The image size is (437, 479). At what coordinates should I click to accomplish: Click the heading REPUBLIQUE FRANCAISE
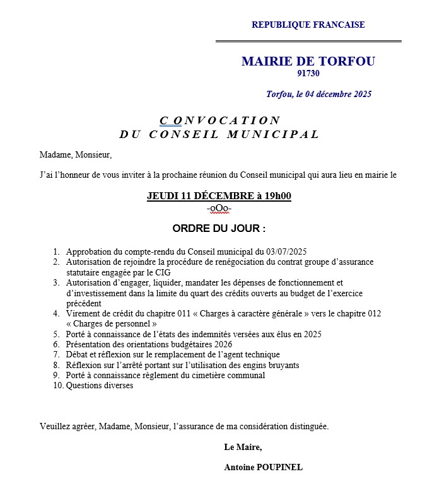pos(308,25)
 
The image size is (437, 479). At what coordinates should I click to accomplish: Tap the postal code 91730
pos(308,74)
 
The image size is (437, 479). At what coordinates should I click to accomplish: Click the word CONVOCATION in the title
pos(220,120)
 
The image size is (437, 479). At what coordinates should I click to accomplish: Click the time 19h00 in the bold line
pos(278,196)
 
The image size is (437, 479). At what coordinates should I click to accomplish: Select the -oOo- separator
pos(219,208)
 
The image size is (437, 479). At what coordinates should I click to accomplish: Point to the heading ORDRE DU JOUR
pos(219,228)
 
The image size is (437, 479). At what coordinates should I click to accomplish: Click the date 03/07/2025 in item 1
pos(286,251)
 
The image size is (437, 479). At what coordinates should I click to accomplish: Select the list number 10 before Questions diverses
pos(57,386)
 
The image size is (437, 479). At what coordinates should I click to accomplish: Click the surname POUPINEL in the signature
pos(278,468)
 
